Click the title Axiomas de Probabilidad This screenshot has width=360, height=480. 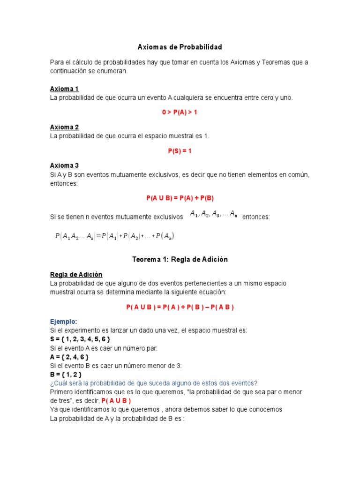(x=180, y=47)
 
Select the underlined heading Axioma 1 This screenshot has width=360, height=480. (x=64, y=89)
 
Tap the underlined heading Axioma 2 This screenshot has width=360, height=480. (x=64, y=127)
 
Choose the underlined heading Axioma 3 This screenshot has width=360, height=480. (x=64, y=165)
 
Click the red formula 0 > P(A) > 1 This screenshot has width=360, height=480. (x=180, y=112)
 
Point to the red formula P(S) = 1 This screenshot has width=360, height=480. (x=180, y=151)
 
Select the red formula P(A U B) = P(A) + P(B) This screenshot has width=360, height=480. (x=180, y=198)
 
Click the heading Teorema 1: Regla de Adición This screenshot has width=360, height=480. (x=180, y=260)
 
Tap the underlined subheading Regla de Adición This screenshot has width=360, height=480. (x=76, y=275)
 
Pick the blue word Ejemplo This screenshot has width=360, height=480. (x=63, y=322)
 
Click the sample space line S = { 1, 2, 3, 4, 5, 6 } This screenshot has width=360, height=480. (x=80, y=339)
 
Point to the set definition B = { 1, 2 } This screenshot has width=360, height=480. (x=66, y=375)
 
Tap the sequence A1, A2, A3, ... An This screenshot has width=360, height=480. (x=213, y=214)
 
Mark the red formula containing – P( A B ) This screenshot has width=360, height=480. (x=180, y=307)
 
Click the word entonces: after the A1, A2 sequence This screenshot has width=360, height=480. (x=256, y=217)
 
